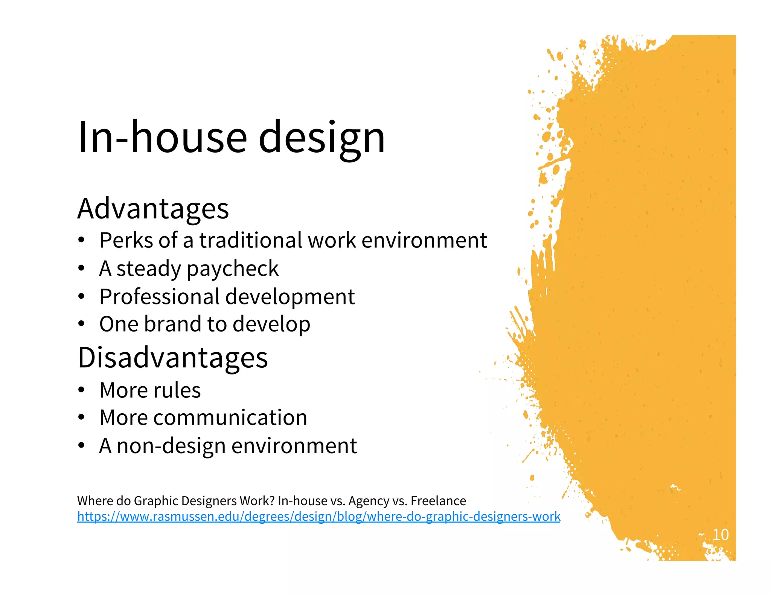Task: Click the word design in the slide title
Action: (322, 138)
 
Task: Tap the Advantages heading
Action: (153, 208)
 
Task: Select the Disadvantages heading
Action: (172, 357)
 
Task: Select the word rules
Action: (177, 390)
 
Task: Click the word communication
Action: (230, 417)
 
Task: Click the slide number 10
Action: (720, 535)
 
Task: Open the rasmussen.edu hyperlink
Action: (318, 516)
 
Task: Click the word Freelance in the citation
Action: (438, 501)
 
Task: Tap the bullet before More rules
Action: (81, 390)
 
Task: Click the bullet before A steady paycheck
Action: (81, 269)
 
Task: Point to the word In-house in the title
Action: (162, 138)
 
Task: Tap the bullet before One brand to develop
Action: (81, 324)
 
